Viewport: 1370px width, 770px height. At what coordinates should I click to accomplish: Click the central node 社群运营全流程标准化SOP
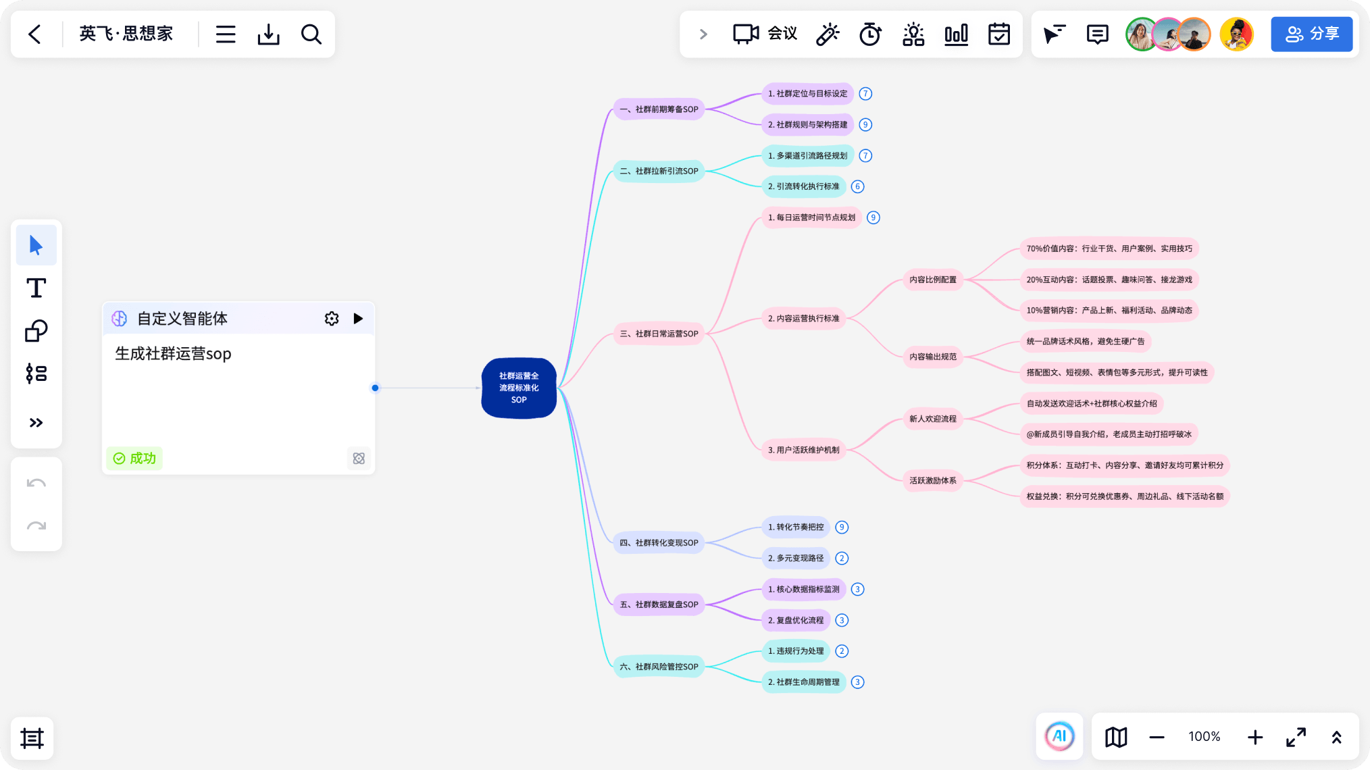pos(519,388)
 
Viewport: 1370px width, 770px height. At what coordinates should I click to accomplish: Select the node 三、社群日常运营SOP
pos(659,334)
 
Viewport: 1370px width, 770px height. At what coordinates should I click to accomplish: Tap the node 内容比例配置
pos(933,280)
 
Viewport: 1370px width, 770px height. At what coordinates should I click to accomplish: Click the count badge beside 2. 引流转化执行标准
pos(857,186)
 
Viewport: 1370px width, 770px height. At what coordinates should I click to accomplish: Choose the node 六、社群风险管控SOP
pos(659,667)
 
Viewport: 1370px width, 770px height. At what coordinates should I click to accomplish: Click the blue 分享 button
pos(1312,34)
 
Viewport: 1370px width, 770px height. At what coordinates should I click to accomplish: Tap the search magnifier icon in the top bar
pos(311,34)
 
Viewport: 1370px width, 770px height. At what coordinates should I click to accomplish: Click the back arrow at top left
pos(35,34)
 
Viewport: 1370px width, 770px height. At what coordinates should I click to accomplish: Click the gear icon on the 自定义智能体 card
pos(331,319)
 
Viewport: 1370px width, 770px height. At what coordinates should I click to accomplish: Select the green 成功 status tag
pos(134,459)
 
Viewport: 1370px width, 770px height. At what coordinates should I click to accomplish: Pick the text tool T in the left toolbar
pos(36,288)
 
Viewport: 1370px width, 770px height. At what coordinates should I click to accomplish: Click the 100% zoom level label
pos(1204,737)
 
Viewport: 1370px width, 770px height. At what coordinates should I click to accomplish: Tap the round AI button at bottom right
pos(1059,736)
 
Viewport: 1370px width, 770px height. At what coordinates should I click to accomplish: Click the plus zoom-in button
pos(1255,737)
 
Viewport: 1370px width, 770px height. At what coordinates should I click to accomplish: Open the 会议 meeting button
pos(765,34)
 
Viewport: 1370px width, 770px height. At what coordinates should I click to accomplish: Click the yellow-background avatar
pos(1237,34)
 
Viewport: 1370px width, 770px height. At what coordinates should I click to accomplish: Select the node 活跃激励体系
pos(933,481)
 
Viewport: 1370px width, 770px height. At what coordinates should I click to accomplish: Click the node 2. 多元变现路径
pos(796,559)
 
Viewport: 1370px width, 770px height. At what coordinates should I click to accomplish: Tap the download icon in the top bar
pos(268,34)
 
